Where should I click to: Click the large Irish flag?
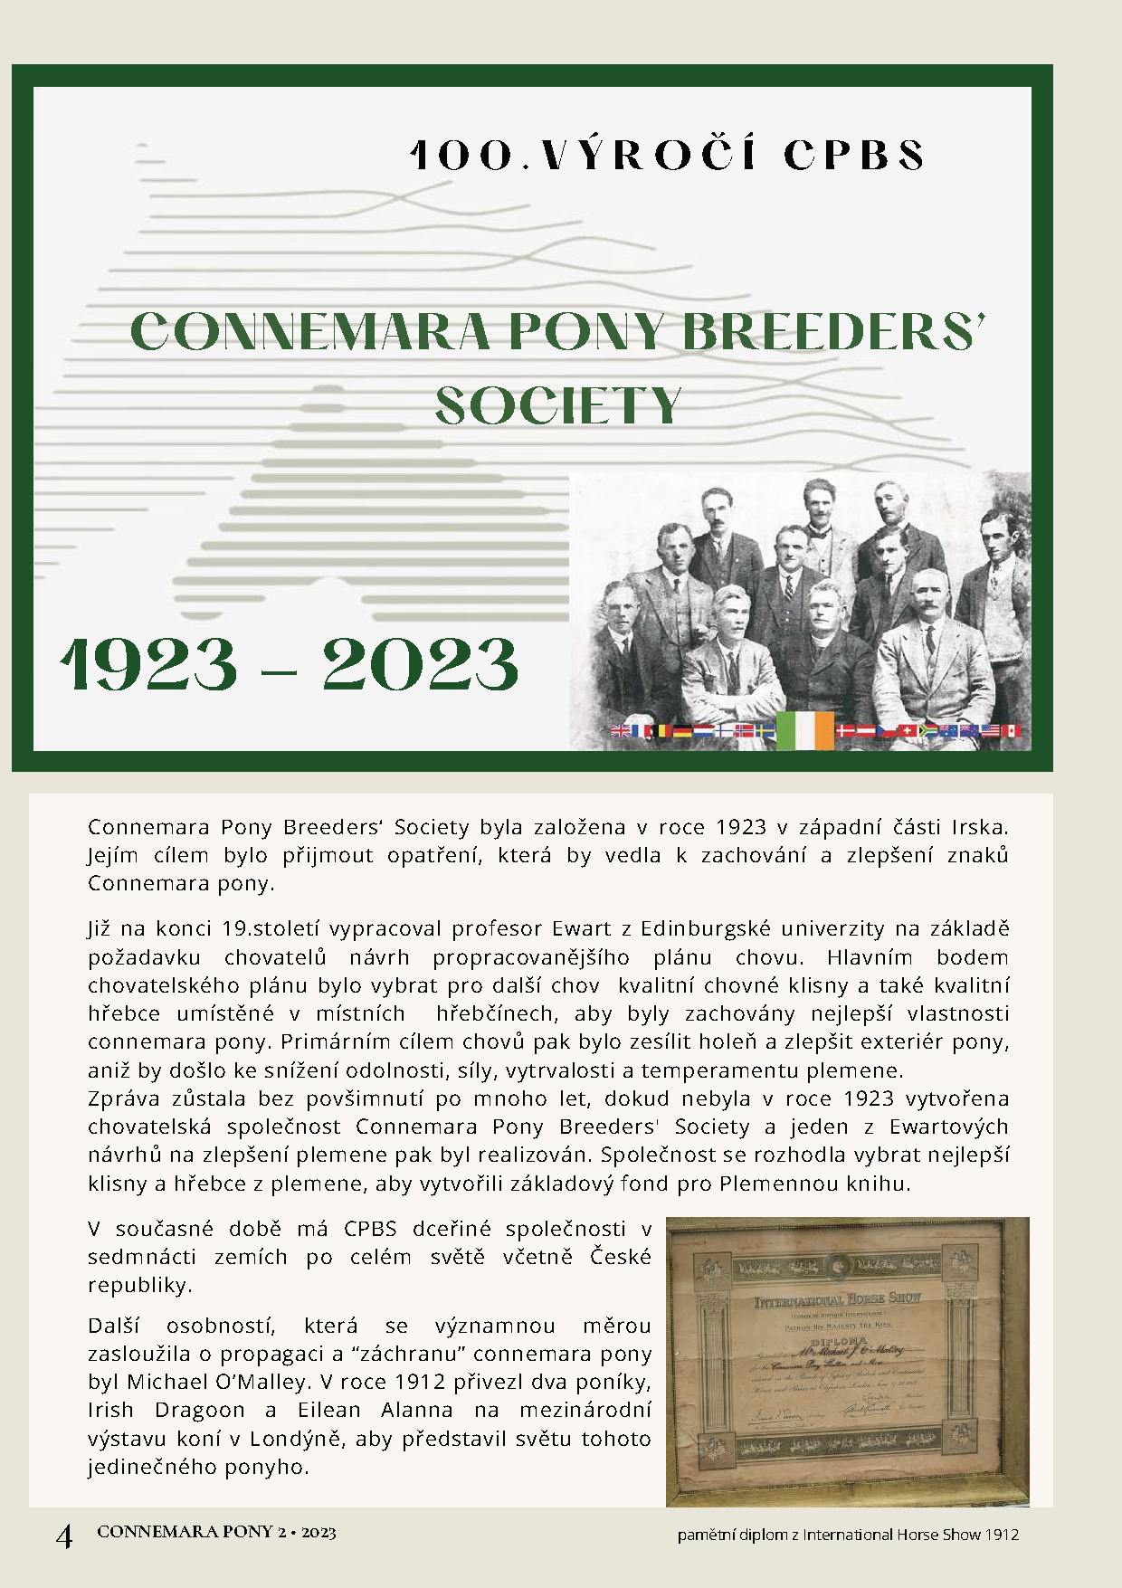click(805, 731)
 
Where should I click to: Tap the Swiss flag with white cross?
click(908, 731)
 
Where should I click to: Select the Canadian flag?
click(1012, 731)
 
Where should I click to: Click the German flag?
click(681, 731)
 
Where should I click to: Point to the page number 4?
click(64, 1536)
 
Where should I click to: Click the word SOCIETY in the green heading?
click(558, 406)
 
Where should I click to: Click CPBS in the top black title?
click(854, 156)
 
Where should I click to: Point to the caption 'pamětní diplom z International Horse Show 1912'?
click(848, 1535)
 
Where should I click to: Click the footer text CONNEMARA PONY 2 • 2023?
click(216, 1532)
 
